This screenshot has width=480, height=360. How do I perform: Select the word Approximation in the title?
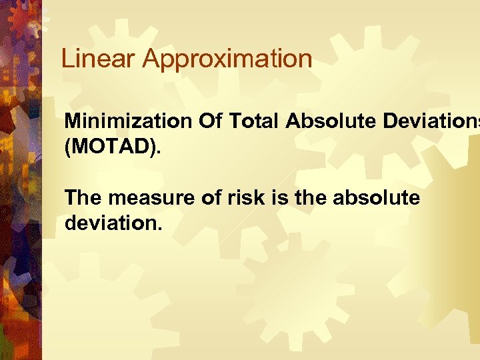click(x=227, y=60)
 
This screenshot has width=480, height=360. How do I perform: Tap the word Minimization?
click(x=128, y=122)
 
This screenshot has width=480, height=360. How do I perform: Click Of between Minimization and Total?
click(x=209, y=122)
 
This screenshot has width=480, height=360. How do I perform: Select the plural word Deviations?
click(x=426, y=122)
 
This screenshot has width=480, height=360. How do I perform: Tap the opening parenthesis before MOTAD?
click(x=68, y=145)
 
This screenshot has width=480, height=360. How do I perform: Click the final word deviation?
click(x=111, y=221)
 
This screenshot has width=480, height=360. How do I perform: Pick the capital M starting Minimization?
click(x=73, y=122)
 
